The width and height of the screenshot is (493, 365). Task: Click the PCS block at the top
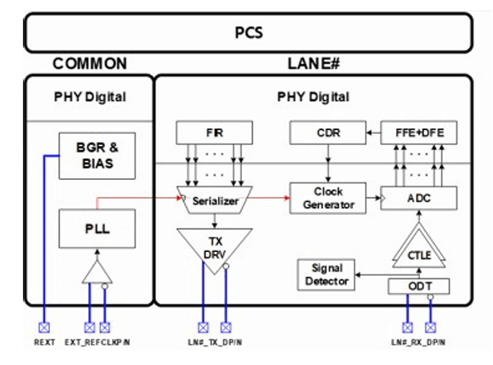pos(249,32)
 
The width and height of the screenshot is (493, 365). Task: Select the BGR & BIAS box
pos(97,155)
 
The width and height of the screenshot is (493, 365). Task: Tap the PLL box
pos(97,228)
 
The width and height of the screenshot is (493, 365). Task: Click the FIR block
pos(214,132)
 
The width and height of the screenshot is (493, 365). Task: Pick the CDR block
pos(328,132)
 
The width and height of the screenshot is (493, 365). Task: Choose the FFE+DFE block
pos(419,132)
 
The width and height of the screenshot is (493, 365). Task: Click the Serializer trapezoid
pos(215,200)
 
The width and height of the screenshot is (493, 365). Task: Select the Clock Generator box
pos(328,198)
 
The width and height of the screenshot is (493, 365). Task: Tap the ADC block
pos(419,198)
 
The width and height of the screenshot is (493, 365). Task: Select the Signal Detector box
pos(326,275)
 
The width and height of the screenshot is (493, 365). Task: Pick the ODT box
pos(419,286)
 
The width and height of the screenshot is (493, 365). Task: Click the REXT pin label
pos(44,342)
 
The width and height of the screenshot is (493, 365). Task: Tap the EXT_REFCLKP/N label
pos(97,342)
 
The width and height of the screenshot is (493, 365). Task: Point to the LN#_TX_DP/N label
pos(215,342)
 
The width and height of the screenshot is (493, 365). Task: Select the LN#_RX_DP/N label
pos(418,342)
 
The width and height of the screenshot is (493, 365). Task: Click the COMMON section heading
pos(90,64)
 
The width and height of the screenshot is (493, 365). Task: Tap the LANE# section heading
pos(314,64)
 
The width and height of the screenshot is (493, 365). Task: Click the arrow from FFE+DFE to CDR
pos(373,132)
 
